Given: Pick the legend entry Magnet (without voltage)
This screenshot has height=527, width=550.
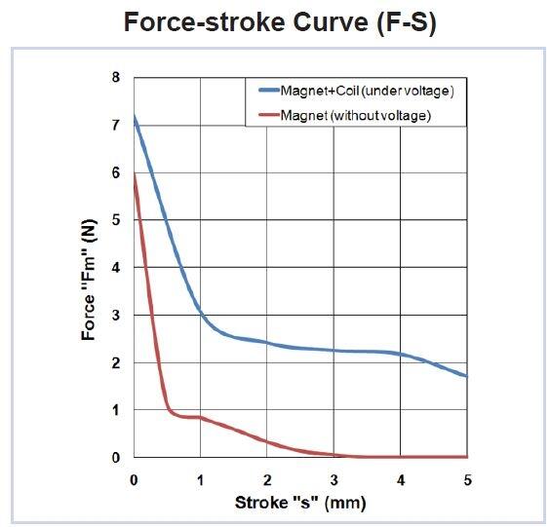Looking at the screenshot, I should [x=355, y=115].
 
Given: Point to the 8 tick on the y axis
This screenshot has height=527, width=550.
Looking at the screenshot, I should [x=115, y=77].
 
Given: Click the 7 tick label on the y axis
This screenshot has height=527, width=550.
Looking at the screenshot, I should [x=115, y=125].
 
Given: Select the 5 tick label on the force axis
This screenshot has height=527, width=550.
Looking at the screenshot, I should [x=115, y=220].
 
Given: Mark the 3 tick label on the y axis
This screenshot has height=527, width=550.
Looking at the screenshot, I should [x=115, y=315].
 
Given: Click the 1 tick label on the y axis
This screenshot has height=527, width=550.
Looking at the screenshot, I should [x=115, y=410].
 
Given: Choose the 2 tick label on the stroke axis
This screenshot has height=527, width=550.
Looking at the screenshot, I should [x=267, y=479].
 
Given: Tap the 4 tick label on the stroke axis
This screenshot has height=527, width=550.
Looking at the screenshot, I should [x=401, y=479].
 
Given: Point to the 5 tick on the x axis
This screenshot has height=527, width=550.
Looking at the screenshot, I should [x=467, y=479].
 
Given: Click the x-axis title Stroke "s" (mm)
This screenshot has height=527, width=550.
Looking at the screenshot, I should [x=299, y=503].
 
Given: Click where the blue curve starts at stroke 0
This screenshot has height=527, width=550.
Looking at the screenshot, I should [x=134, y=116].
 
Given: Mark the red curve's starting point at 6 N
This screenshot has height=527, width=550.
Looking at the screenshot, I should [x=134, y=173].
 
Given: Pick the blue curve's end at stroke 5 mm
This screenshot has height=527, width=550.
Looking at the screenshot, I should [x=467, y=376].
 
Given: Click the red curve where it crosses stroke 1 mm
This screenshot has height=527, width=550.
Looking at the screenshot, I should [x=200, y=417].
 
